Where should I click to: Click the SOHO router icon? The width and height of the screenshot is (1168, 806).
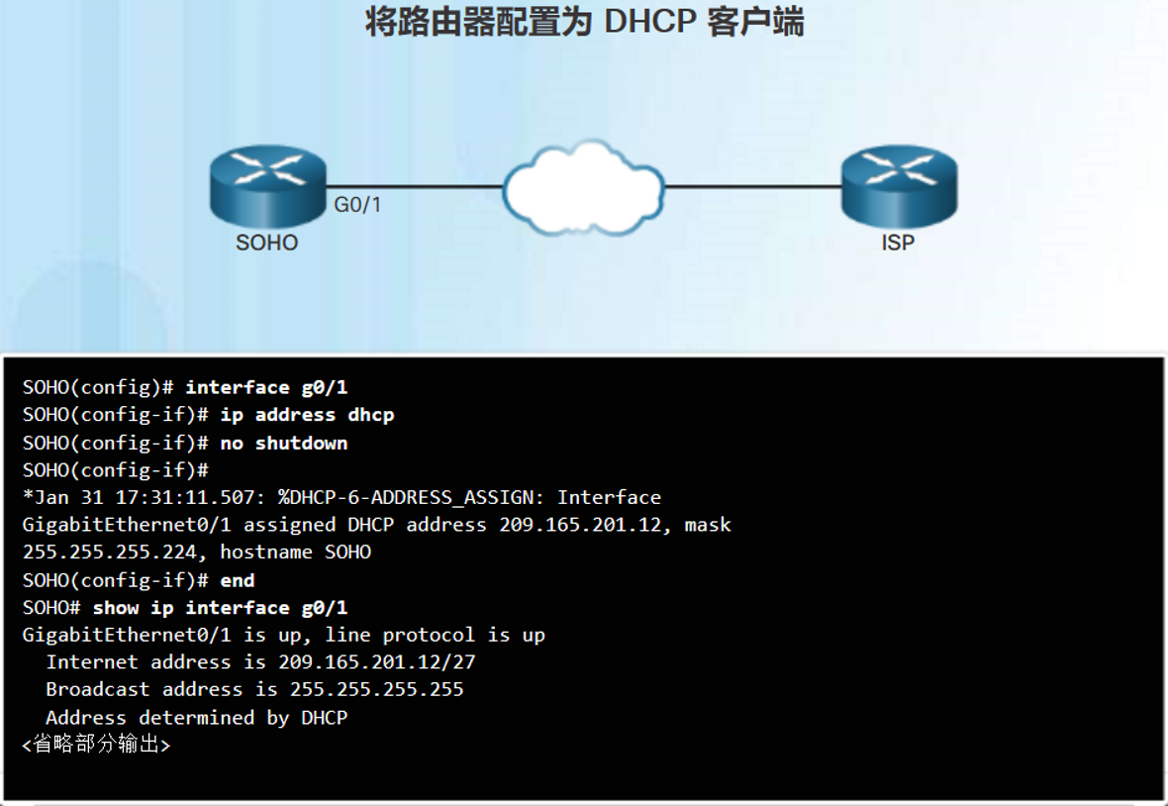pyautogui.click(x=268, y=186)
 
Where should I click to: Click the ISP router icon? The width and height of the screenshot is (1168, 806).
pyautogui.click(x=899, y=186)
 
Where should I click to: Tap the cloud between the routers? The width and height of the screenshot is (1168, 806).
pyautogui.click(x=583, y=188)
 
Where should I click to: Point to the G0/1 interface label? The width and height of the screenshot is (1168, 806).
pyautogui.click(x=357, y=205)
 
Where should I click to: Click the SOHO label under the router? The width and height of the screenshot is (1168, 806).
pyautogui.click(x=266, y=243)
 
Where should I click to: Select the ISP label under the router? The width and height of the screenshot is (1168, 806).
pyautogui.click(x=898, y=243)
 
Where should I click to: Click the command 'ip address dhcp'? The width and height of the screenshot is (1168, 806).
pyautogui.click(x=307, y=415)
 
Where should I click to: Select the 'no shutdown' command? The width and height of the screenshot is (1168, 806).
pyautogui.click(x=284, y=444)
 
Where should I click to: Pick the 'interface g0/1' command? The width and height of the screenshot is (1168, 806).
pyautogui.click(x=266, y=387)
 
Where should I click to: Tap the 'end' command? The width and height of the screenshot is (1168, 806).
pyautogui.click(x=238, y=580)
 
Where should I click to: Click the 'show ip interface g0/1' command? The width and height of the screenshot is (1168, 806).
pyautogui.click(x=221, y=608)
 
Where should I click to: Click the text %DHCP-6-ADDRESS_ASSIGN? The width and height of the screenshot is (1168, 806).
pyautogui.click(x=406, y=498)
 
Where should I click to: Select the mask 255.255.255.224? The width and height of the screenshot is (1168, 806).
pyautogui.click(x=110, y=553)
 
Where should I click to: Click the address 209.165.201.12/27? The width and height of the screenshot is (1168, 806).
pyautogui.click(x=377, y=662)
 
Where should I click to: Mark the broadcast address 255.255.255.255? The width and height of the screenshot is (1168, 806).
pyautogui.click(x=377, y=690)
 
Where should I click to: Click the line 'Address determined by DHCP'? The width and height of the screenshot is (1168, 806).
pyautogui.click(x=197, y=718)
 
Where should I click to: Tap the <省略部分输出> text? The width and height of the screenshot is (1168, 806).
pyautogui.click(x=97, y=745)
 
